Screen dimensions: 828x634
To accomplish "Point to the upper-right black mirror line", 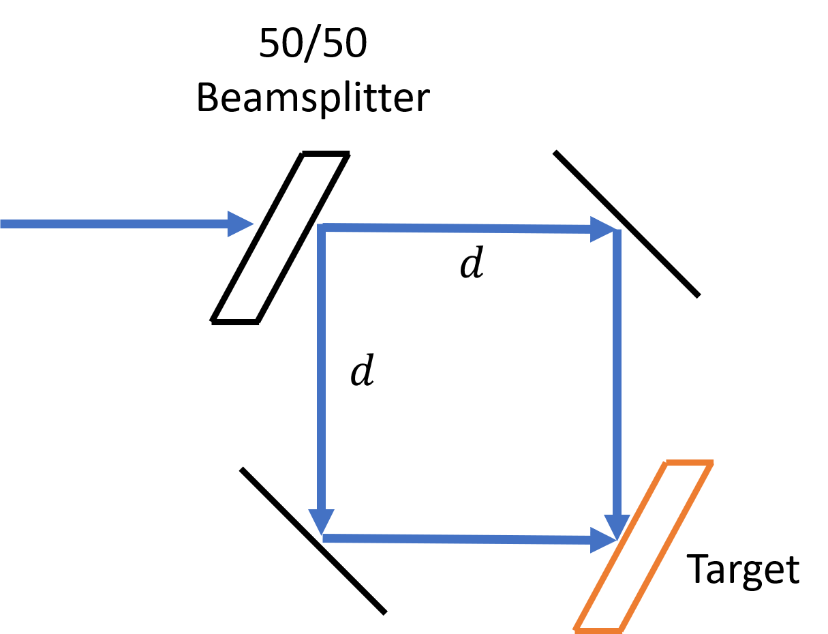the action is click(x=626, y=224).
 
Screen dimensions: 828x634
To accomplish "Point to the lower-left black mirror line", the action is click(x=313, y=541).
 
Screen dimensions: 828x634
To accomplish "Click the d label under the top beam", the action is click(x=472, y=262).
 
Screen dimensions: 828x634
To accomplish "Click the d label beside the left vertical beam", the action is click(x=362, y=369).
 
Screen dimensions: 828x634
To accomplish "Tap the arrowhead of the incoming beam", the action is click(x=241, y=224).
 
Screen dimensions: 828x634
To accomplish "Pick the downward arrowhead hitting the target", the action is click(x=617, y=527).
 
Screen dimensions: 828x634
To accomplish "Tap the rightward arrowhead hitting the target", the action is click(x=603, y=540).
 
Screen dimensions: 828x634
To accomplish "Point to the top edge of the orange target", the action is click(x=690, y=463).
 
